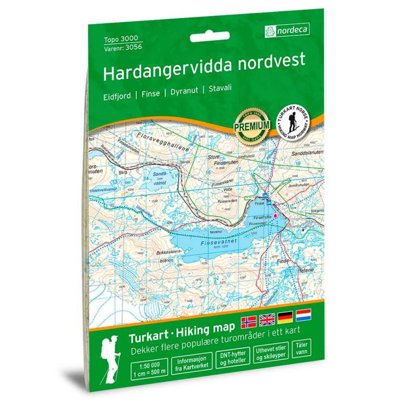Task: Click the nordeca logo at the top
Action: coord(287,31)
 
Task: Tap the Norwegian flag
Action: coord(249,322)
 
